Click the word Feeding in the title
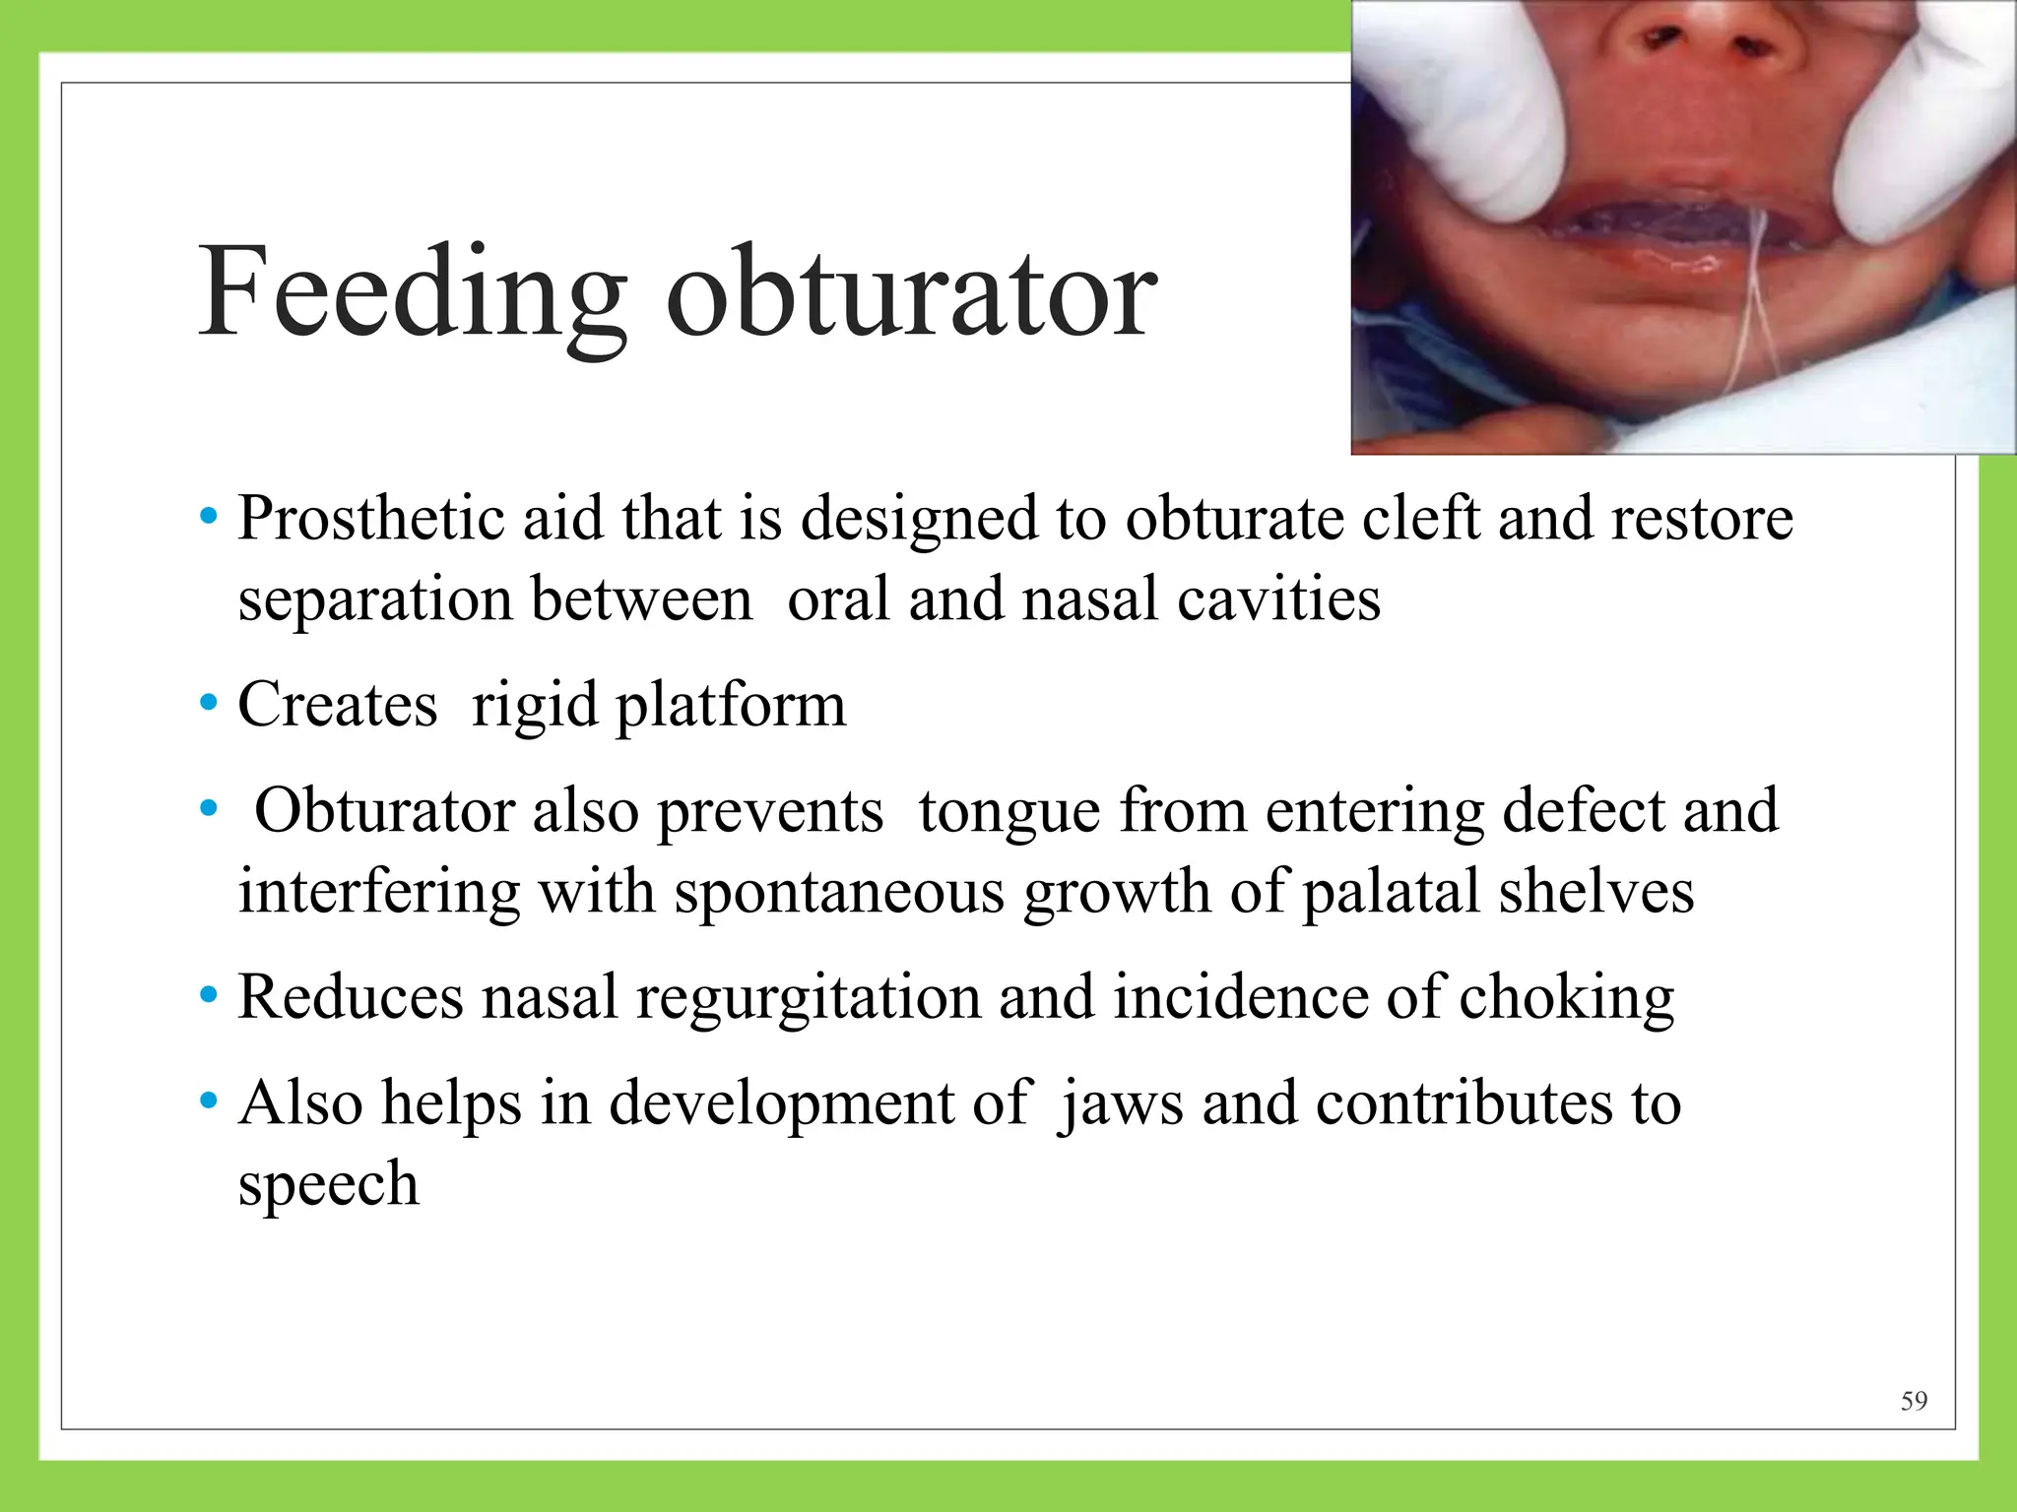pyautogui.click(x=412, y=293)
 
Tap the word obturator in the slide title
pyautogui.click(x=911, y=293)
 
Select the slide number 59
pyautogui.click(x=1914, y=1401)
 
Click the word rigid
pyautogui.click(x=534, y=706)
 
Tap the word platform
pyautogui.click(x=730, y=706)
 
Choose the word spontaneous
pyautogui.click(x=839, y=892)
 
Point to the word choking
pyautogui.click(x=1566, y=997)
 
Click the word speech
pyautogui.click(x=328, y=1183)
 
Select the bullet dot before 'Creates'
pyautogui.click(x=208, y=704)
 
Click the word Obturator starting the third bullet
pyautogui.click(x=384, y=811)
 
